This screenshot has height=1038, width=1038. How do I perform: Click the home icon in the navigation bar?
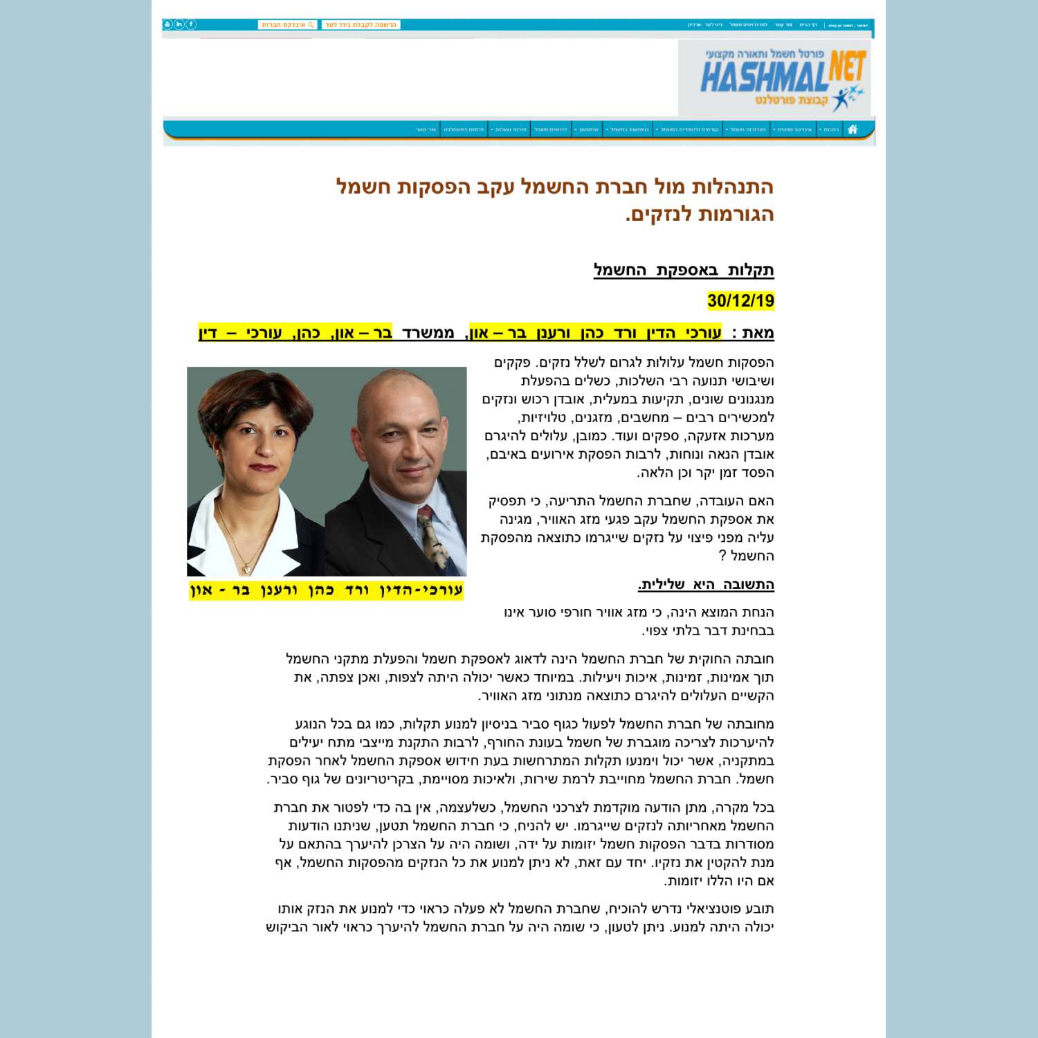click(853, 129)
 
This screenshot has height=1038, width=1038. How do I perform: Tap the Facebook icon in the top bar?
click(192, 25)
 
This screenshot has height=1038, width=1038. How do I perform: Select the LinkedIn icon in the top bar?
click(179, 25)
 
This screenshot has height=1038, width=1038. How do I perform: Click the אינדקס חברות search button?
click(287, 25)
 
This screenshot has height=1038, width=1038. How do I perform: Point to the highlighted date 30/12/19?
click(740, 301)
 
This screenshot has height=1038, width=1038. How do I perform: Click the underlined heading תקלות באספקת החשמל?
click(684, 270)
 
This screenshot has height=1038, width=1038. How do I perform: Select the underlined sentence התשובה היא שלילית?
click(706, 585)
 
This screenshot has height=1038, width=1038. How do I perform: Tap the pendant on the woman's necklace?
click(246, 569)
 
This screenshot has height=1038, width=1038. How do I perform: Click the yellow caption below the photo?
click(326, 590)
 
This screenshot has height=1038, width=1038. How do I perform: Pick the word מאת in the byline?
click(758, 333)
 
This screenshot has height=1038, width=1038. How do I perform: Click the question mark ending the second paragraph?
click(722, 556)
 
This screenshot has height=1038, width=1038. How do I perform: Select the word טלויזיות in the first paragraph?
click(542, 417)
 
